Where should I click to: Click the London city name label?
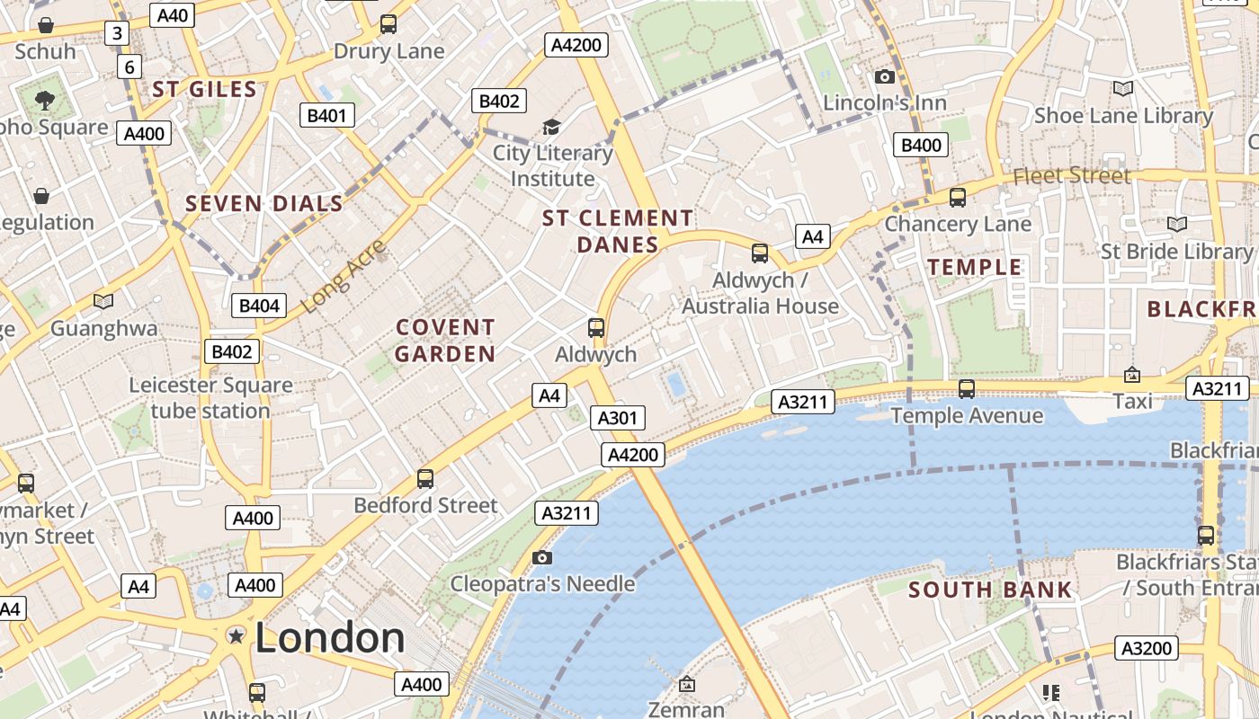point(330,637)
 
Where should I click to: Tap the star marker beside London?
point(237,636)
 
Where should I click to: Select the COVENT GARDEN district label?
point(445,341)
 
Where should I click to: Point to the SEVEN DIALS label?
point(264,204)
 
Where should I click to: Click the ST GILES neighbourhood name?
point(205,89)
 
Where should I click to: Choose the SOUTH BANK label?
point(990,590)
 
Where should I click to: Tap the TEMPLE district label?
point(975,267)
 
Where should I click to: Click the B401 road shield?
point(326,115)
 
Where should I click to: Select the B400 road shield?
point(921,146)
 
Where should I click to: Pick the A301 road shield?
point(618,418)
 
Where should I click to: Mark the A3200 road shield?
point(1147,648)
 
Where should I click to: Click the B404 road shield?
point(259,306)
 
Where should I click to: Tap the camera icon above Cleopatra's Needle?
point(541,558)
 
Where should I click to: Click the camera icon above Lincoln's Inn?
point(885,77)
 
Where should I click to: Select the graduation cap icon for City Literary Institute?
point(551,128)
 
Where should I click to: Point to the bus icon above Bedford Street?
point(425,479)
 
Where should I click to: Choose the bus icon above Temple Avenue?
point(967,389)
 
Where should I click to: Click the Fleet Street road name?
point(1072,176)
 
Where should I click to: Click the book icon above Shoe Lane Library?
point(1122,88)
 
